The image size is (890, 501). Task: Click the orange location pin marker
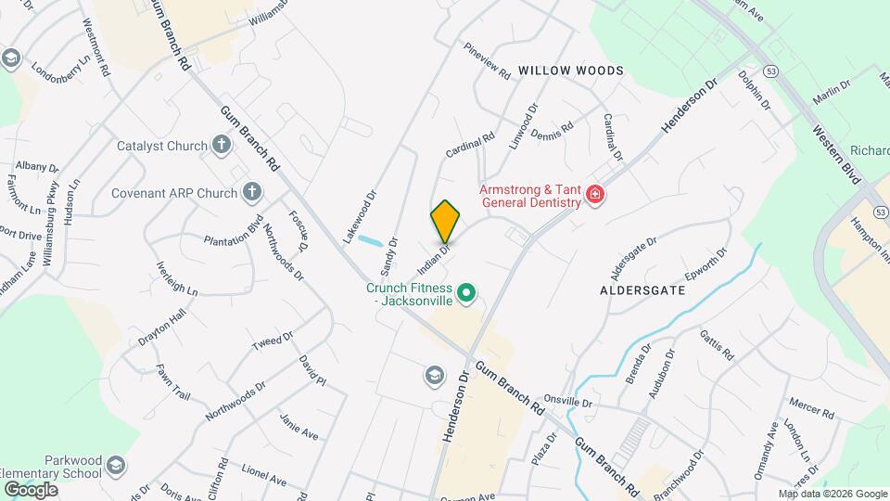(445, 221)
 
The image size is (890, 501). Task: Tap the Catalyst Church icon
(221, 145)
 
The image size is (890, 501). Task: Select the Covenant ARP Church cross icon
(250, 193)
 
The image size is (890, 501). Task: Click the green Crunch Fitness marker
(468, 295)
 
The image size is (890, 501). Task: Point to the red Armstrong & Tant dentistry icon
(594, 197)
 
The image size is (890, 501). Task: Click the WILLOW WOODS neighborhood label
(570, 71)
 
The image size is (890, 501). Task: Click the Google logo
(30, 489)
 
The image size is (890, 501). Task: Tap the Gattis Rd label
(717, 346)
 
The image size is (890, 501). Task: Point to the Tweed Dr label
(273, 340)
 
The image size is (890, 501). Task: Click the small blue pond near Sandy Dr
(370, 243)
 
